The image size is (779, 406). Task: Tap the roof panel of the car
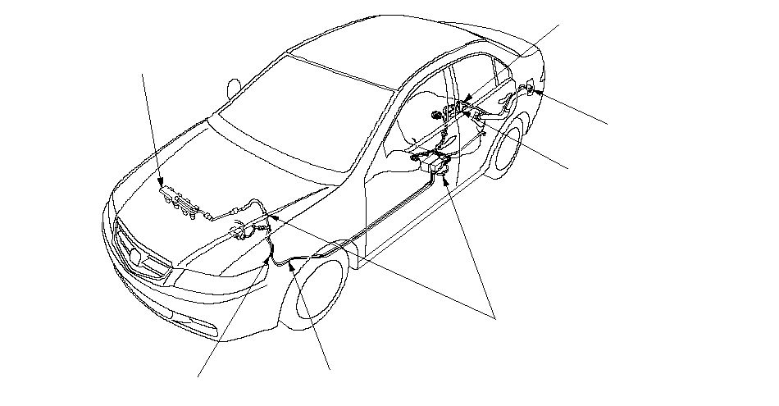(385, 57)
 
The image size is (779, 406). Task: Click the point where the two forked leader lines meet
(495, 315)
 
